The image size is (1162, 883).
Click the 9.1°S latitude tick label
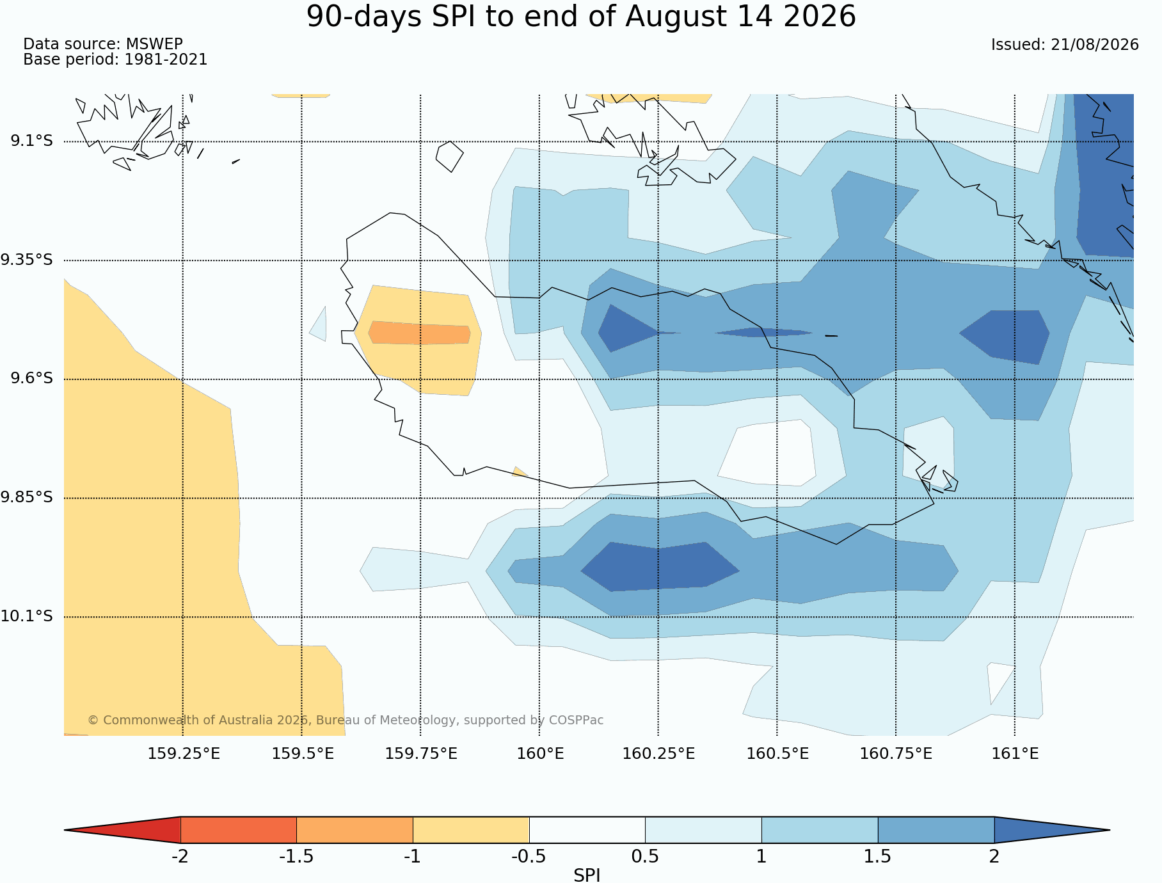point(31,141)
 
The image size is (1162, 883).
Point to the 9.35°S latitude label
point(27,260)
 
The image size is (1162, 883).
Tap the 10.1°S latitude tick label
point(27,616)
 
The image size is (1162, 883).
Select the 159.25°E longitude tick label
point(184,754)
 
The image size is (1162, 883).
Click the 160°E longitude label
point(540,754)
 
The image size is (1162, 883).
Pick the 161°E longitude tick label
point(1015,754)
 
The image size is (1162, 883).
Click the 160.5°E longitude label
point(777,754)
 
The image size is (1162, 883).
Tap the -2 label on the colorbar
point(180,857)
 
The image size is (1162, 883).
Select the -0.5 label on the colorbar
point(529,857)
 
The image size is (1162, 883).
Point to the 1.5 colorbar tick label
point(877,857)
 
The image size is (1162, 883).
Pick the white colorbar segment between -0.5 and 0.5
point(587,830)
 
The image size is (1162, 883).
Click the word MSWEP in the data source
point(154,44)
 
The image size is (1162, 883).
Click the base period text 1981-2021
point(166,60)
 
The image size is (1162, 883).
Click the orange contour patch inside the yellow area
point(420,333)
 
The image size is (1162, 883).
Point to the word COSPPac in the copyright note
point(576,720)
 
